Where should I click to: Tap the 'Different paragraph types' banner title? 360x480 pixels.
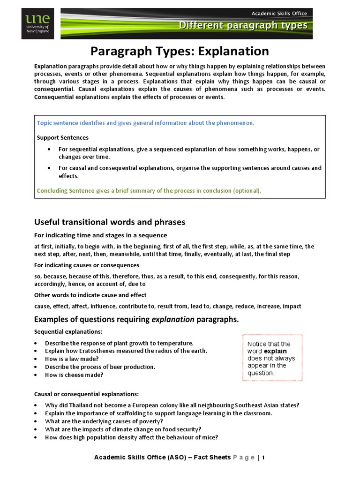(x=243, y=26)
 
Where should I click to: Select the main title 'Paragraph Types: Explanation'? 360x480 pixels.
(x=180, y=51)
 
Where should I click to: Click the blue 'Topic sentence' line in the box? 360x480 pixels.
(x=146, y=123)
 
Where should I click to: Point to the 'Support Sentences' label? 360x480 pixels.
(x=62, y=138)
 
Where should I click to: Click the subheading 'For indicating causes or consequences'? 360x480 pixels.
(x=86, y=265)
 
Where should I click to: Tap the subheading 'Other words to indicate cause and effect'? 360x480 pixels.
(x=90, y=295)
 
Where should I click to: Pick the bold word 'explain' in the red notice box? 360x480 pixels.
(x=275, y=351)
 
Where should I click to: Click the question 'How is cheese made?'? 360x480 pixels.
(x=74, y=375)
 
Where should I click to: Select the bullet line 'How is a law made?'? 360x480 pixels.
(x=72, y=359)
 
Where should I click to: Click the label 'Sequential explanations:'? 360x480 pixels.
(x=65, y=332)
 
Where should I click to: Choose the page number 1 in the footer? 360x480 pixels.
(x=263, y=457)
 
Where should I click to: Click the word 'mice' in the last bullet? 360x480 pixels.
(x=211, y=437)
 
